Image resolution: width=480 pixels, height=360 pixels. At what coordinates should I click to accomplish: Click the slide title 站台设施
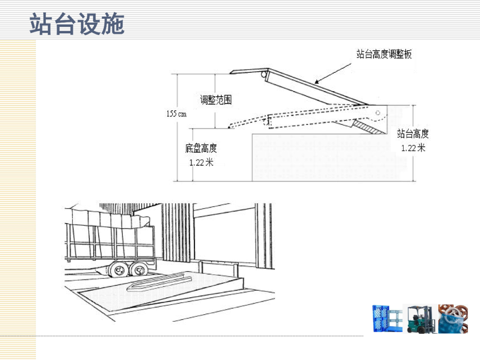(76, 24)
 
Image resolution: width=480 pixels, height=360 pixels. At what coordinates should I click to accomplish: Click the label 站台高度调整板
(384, 54)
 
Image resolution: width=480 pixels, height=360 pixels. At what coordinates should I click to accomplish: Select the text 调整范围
(216, 100)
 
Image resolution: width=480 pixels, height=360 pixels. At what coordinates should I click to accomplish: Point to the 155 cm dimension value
(176, 114)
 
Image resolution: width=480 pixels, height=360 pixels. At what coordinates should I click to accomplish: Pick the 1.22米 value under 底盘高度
(201, 162)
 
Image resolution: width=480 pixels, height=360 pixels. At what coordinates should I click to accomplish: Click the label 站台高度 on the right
(413, 134)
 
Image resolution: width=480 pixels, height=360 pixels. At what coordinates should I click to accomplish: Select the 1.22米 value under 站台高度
(413, 148)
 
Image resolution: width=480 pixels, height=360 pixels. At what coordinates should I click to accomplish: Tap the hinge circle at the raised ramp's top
(266, 73)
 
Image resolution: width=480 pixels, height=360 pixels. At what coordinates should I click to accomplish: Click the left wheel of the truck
(118, 269)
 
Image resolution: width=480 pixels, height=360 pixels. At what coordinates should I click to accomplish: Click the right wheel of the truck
(139, 269)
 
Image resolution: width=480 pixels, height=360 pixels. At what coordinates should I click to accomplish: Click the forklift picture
(420, 319)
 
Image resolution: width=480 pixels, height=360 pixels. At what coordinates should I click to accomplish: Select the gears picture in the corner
(452, 319)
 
